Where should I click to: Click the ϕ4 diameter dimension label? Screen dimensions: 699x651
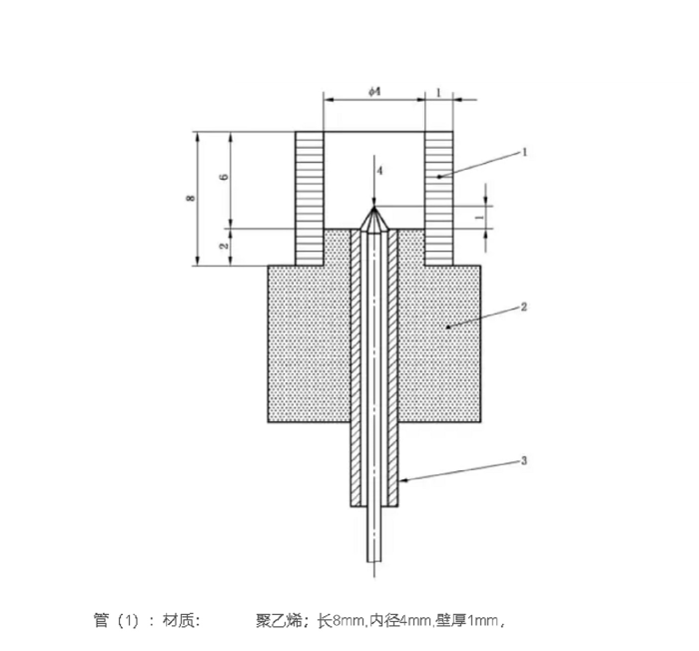[374, 92]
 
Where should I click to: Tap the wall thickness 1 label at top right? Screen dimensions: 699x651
[438, 92]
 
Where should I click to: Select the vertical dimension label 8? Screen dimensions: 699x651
[191, 198]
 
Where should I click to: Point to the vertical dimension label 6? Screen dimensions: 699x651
[225, 177]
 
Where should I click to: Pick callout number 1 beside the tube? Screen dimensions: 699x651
[524, 152]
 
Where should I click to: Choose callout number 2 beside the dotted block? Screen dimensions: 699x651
[524, 307]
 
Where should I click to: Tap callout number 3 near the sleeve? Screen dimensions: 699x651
[524, 460]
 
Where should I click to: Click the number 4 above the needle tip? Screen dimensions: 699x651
[379, 171]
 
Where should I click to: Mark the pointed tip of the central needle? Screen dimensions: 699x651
[374, 207]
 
